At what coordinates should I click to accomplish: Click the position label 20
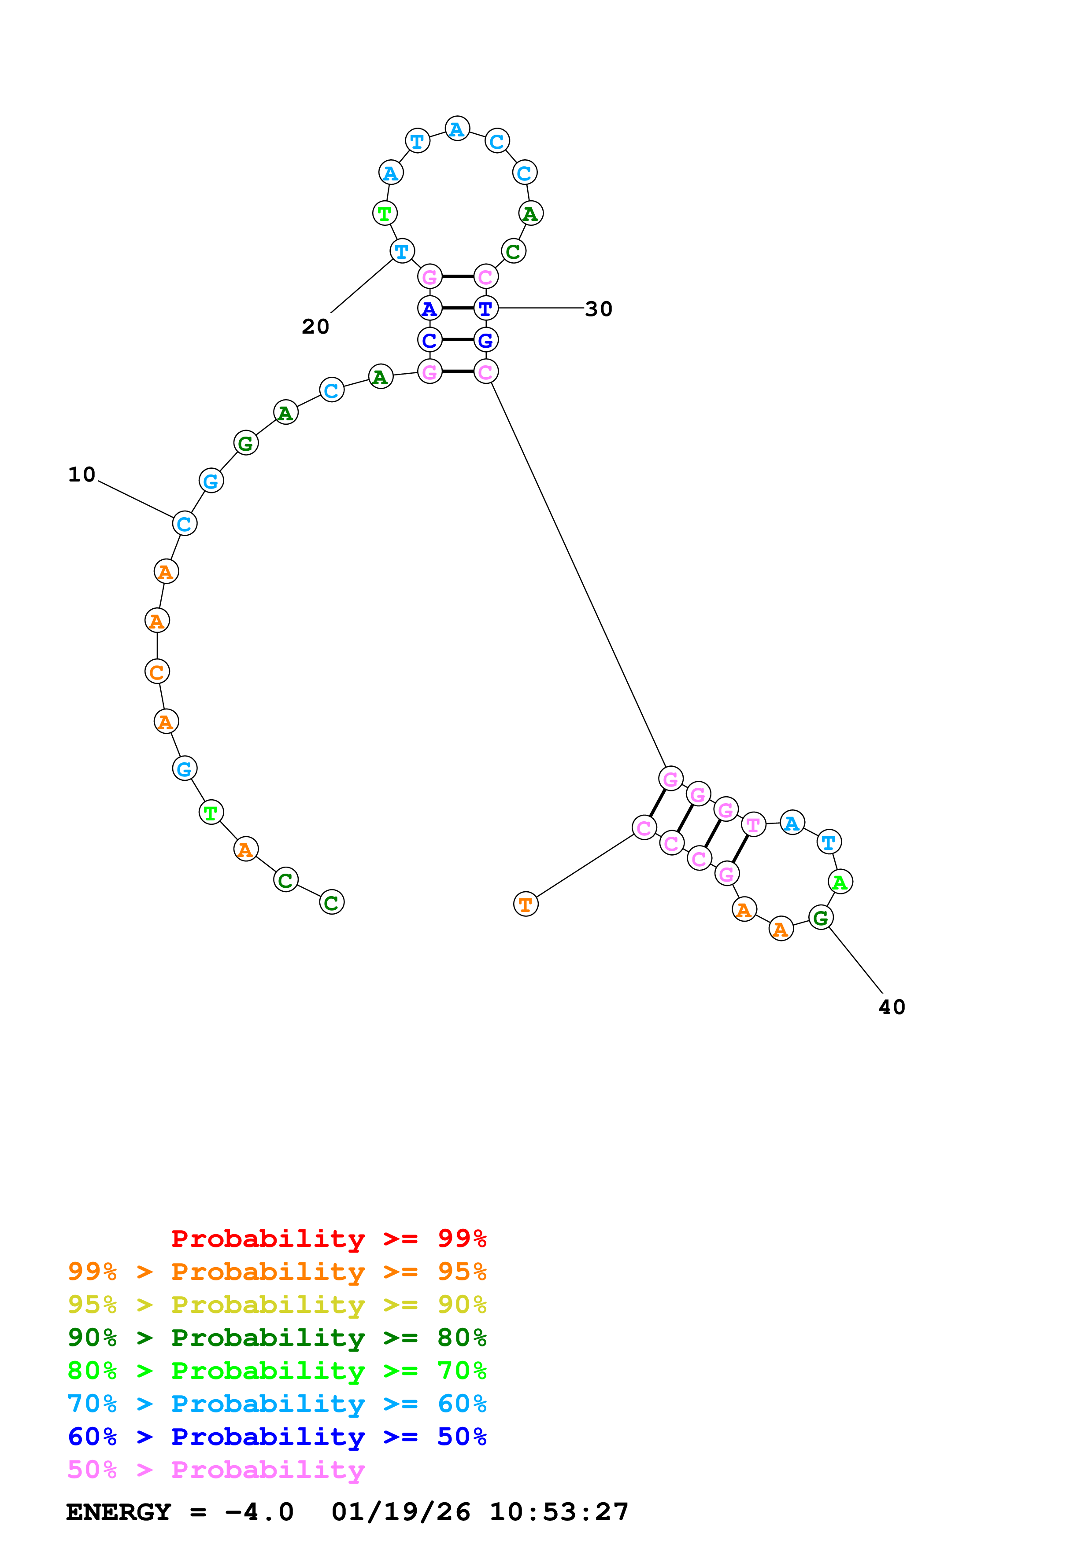[315, 327]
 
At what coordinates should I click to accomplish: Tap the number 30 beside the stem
[599, 309]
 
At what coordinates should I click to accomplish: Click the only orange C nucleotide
[157, 671]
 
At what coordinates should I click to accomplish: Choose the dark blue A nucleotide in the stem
[429, 309]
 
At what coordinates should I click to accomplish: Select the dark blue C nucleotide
[429, 340]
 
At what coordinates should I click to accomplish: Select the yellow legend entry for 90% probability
[277, 1305]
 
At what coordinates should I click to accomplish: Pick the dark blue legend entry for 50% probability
[277, 1437]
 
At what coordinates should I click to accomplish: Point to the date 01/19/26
[401, 1512]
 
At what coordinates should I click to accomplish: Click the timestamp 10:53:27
[559, 1512]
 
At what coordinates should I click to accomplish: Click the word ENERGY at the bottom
[118, 1512]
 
